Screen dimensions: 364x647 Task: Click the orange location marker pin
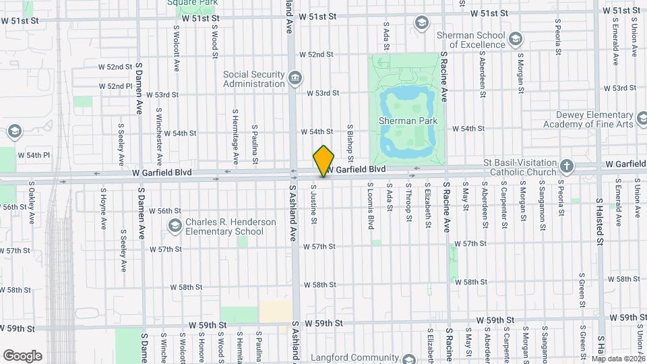click(x=324, y=160)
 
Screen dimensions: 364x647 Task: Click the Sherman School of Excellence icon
click(x=516, y=38)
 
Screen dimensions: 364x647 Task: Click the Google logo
click(x=22, y=356)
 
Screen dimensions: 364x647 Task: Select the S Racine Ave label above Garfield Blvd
click(x=444, y=73)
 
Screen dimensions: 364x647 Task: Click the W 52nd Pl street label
click(x=115, y=86)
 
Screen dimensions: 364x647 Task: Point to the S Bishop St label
click(x=350, y=141)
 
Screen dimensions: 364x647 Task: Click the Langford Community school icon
click(x=404, y=358)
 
